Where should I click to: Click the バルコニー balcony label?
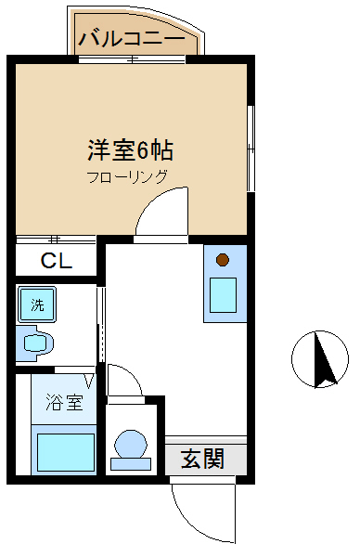[x=132, y=38]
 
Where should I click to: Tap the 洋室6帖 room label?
[x=130, y=151]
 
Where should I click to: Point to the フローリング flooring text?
[x=127, y=176]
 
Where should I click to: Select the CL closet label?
[x=57, y=260]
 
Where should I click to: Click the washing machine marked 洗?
[x=37, y=304]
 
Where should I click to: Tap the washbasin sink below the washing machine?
[x=34, y=343]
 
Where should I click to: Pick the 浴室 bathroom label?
[x=64, y=402]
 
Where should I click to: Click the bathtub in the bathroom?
[x=66, y=452]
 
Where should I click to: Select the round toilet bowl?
[x=130, y=444]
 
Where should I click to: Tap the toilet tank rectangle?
[x=131, y=464]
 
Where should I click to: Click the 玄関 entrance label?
[x=202, y=459]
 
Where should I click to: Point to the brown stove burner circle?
[x=223, y=260]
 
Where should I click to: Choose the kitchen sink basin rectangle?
[x=223, y=295]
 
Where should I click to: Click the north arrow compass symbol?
[x=320, y=359]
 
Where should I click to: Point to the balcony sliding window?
[x=132, y=59]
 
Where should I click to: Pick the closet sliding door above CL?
[x=56, y=240]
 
